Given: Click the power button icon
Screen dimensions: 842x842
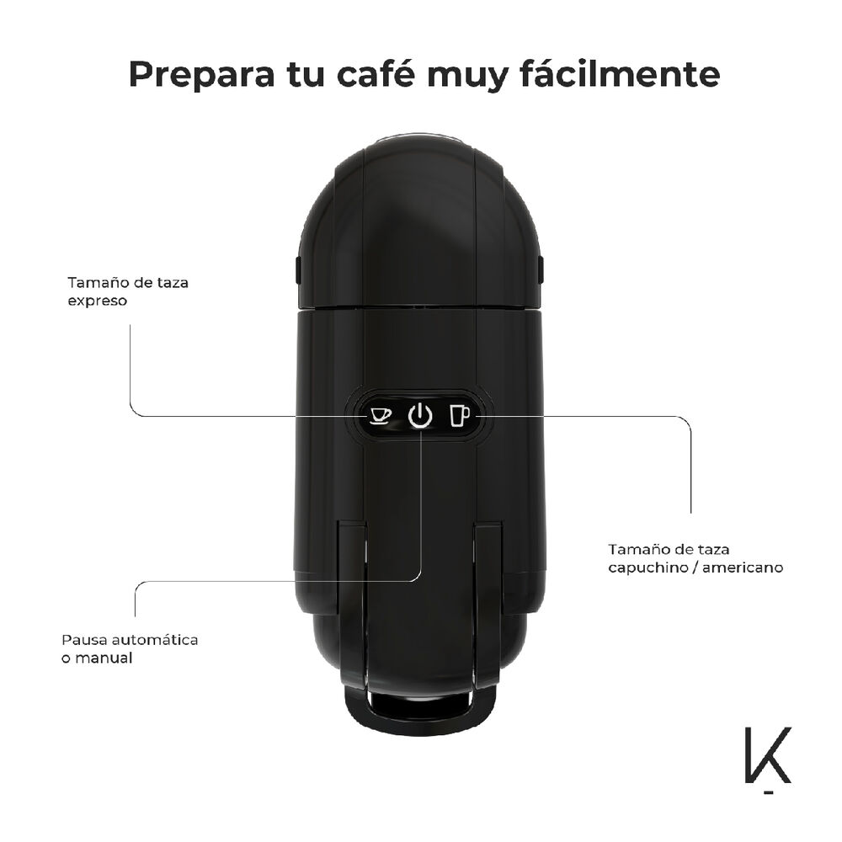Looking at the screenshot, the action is (x=420, y=416).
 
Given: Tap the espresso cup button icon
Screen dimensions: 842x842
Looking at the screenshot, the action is (x=381, y=416).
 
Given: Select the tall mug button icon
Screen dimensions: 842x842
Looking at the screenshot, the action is (x=459, y=416).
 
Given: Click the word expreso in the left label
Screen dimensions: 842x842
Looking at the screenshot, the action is (x=98, y=301).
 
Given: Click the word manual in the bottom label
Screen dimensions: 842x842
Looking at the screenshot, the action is (x=104, y=658).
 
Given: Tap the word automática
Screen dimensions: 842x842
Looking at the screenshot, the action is (x=156, y=640).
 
